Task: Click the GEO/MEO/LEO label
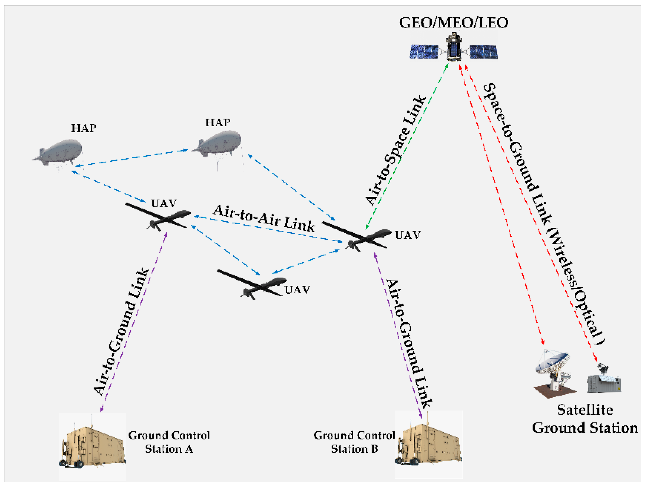pos(454,23)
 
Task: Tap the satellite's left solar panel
pos(424,52)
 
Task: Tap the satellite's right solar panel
pos(483,52)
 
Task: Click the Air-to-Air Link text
pos(264,219)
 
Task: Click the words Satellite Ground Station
pos(585,419)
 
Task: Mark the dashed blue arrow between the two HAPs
pos(132,158)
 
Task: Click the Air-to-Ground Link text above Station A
pos(121,332)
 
